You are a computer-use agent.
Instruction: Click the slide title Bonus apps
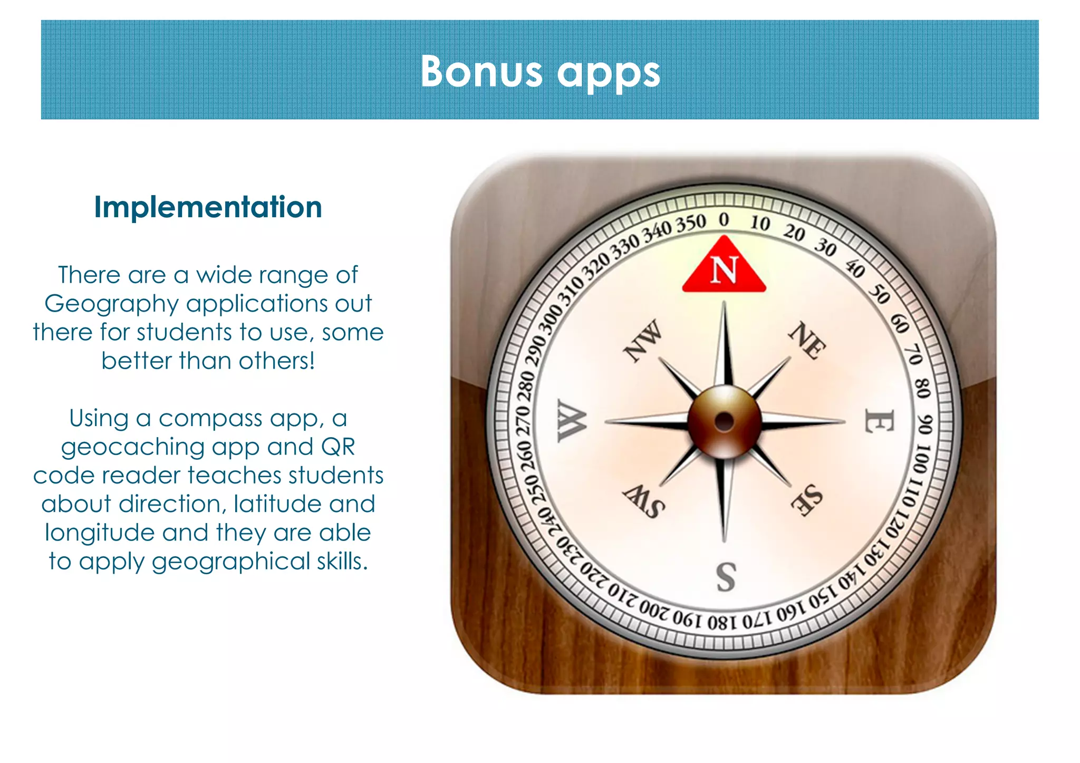point(540,72)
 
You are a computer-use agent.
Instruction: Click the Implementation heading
point(208,207)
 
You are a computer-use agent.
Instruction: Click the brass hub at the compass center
point(725,421)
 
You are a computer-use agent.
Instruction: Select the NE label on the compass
point(807,340)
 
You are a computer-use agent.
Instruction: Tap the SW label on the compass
point(643,501)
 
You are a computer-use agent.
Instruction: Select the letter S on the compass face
point(726,577)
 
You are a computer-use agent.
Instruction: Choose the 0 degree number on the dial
point(724,219)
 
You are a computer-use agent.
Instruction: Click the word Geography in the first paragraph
point(111,304)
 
